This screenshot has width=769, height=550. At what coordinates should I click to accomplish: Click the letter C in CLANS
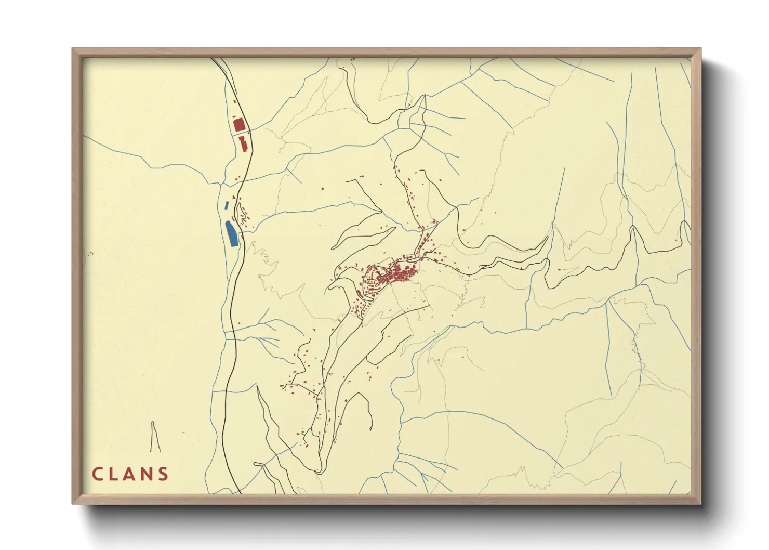tap(98, 474)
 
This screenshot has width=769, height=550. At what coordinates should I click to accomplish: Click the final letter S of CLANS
tap(164, 474)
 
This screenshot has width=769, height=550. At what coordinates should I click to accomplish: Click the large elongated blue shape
tap(231, 234)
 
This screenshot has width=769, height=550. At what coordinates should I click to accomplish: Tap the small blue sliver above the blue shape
tap(226, 205)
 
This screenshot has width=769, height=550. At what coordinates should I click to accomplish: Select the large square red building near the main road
tap(238, 125)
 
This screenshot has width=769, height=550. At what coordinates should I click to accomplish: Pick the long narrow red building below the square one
tap(242, 143)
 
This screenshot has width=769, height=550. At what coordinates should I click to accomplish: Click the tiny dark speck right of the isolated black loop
tap(182, 433)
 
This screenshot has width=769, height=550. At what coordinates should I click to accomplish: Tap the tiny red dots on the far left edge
tap(91, 254)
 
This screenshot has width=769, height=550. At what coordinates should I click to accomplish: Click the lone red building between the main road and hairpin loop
tap(322, 188)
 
